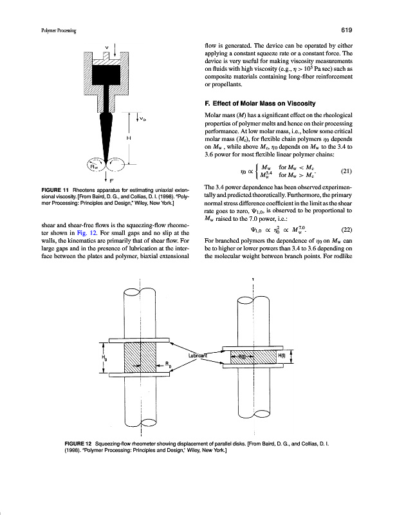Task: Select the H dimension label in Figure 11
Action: tap(129, 138)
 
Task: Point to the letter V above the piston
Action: tap(106, 47)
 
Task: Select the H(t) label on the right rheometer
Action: tap(283, 356)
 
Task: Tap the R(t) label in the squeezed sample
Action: tap(243, 356)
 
